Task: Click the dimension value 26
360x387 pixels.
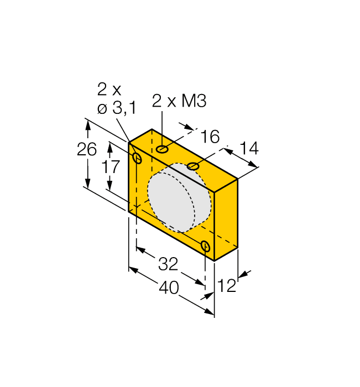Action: pyautogui.click(x=87, y=150)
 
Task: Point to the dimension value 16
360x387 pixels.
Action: pyautogui.click(x=210, y=136)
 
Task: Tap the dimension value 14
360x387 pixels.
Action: pyautogui.click(x=249, y=148)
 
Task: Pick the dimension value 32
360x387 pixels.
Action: pyautogui.click(x=168, y=264)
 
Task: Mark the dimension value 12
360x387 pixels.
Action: pyautogui.click(x=227, y=285)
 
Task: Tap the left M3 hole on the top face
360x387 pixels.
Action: pyautogui.click(x=162, y=149)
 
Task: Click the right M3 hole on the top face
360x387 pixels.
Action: pyautogui.click(x=192, y=166)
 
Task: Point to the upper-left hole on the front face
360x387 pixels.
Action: pyautogui.click(x=138, y=159)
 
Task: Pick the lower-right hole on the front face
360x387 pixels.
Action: pyautogui.click(x=205, y=246)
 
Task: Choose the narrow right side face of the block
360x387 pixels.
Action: pyautogui.click(x=226, y=219)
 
